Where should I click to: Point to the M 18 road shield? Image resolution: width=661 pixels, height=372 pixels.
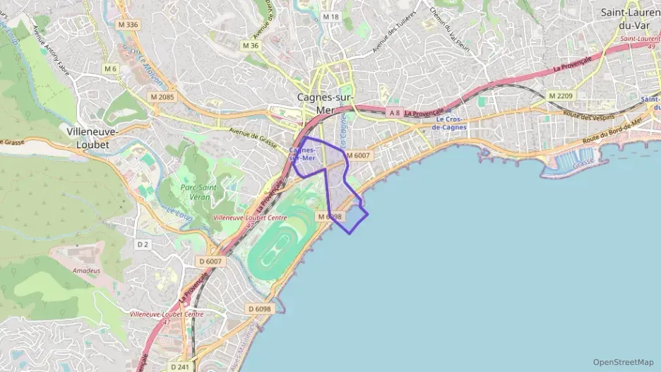[x=330, y=16]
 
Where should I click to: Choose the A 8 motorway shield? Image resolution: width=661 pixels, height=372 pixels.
[x=394, y=112]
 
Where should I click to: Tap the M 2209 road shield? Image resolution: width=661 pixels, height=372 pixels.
[x=561, y=95]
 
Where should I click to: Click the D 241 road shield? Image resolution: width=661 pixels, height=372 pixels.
[x=180, y=366]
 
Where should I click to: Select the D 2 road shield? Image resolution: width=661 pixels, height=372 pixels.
[x=143, y=244]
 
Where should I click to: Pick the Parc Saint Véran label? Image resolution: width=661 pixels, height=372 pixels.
[x=198, y=192]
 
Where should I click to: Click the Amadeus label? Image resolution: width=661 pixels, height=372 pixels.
[x=86, y=270]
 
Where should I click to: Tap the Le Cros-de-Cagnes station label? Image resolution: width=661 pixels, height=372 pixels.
[x=449, y=124]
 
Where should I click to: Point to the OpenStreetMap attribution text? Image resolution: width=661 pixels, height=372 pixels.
[x=623, y=362]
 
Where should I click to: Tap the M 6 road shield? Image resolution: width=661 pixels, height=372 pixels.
[x=110, y=68]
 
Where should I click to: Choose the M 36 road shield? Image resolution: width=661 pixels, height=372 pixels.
[x=251, y=45]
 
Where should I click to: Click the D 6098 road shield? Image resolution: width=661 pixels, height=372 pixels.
[x=260, y=308]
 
